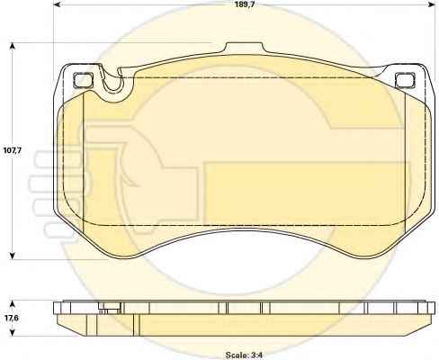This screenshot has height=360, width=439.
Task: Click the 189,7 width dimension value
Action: [243, 4]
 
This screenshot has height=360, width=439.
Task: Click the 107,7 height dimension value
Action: [12, 150]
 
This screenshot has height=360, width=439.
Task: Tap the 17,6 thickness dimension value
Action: [12, 318]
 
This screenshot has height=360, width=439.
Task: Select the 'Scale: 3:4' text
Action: [244, 355]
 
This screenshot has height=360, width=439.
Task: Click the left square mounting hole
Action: [82, 80]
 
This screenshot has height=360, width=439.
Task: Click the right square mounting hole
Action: [405, 80]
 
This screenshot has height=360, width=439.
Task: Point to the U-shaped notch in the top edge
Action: [112, 83]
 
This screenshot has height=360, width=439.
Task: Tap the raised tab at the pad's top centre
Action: [244, 48]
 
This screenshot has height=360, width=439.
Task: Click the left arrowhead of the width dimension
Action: [57, 4]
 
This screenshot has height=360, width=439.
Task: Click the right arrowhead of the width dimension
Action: [431, 4]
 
